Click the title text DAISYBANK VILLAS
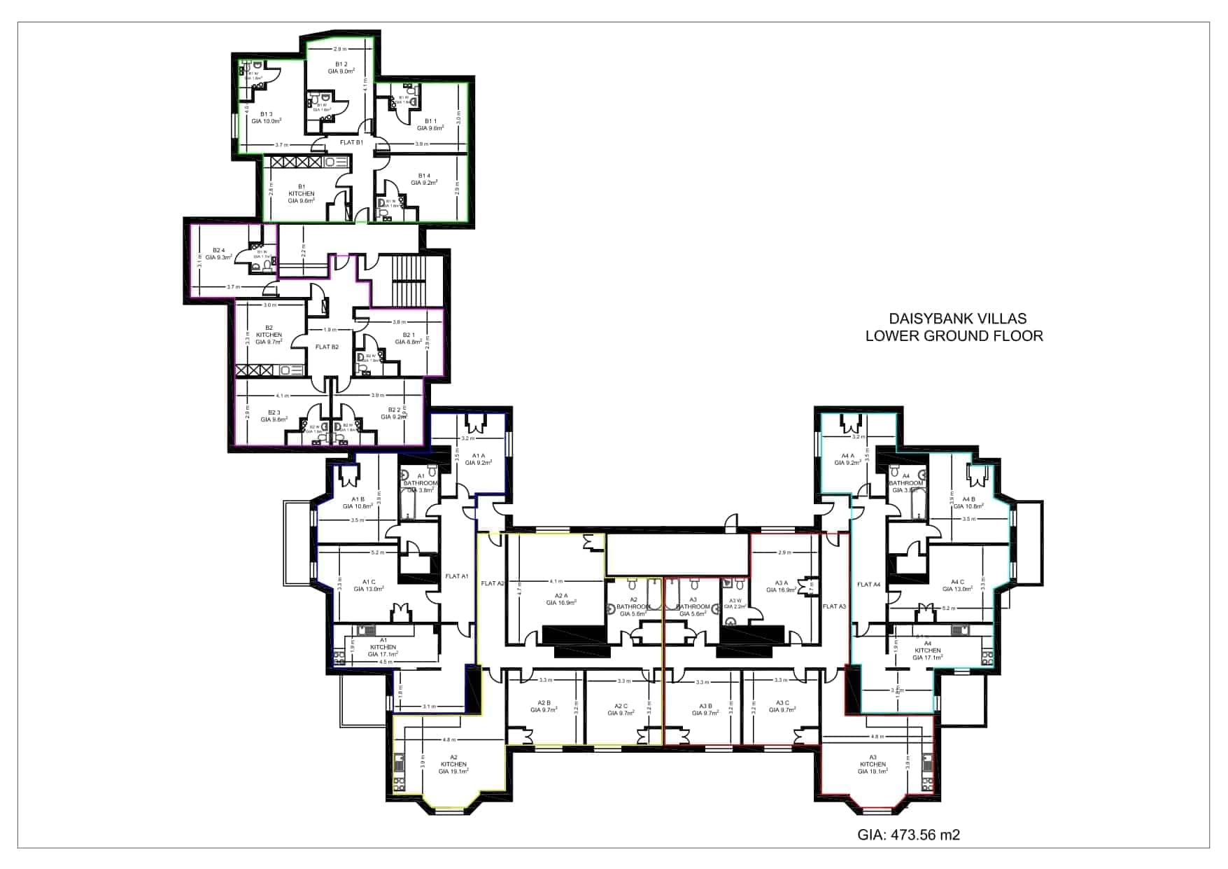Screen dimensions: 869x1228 [957, 319]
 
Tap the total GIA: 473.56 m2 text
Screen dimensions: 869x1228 [908, 835]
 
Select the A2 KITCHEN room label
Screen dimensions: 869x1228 [453, 764]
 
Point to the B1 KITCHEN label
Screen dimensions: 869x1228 [302, 193]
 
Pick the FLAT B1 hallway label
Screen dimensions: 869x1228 [351, 142]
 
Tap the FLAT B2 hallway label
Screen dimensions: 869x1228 [327, 347]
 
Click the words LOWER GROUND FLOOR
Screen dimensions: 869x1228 [954, 335]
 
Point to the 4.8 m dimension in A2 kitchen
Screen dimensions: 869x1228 [449, 739]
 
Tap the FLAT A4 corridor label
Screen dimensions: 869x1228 [868, 584]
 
